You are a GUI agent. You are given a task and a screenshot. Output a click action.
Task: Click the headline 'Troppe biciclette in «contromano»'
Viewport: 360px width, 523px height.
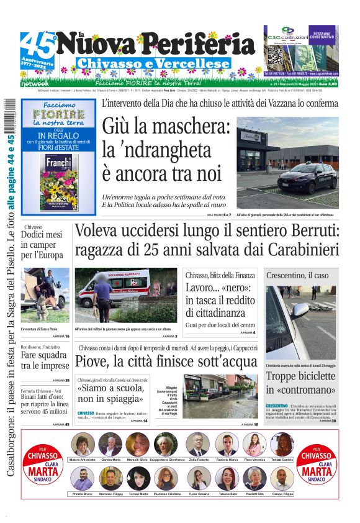(x=301, y=383)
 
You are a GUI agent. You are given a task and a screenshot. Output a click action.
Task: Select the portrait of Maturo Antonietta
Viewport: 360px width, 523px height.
(x=83, y=445)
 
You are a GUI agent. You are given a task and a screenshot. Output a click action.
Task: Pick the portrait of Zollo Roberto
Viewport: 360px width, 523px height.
(x=197, y=445)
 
